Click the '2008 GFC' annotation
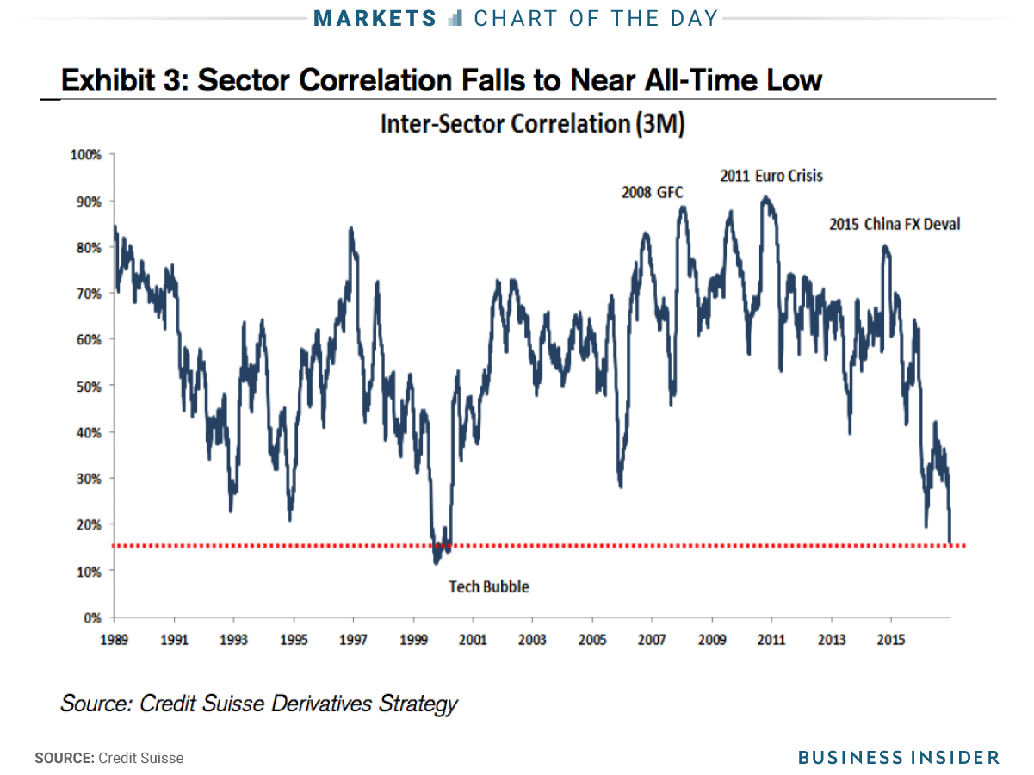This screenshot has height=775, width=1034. [652, 192]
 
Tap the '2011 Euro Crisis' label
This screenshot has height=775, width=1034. [771, 176]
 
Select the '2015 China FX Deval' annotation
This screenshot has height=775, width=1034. [895, 224]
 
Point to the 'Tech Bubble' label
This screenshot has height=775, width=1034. [489, 586]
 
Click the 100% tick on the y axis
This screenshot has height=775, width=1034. [87, 155]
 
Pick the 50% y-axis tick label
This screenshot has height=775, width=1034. [90, 386]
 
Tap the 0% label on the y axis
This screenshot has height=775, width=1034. [93, 617]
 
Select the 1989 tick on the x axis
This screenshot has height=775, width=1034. [115, 640]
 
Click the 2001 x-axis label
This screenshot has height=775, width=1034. [473, 640]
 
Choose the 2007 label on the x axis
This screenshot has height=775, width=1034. [652, 640]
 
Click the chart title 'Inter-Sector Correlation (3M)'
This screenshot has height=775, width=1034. [532, 124]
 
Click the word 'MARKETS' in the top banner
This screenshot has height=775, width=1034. [375, 18]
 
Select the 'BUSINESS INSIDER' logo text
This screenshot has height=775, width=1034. [898, 757]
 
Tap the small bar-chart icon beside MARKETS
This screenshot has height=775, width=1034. [456, 18]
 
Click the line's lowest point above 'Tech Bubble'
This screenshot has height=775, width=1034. [437, 563]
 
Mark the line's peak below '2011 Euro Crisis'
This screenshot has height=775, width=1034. [765, 197]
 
